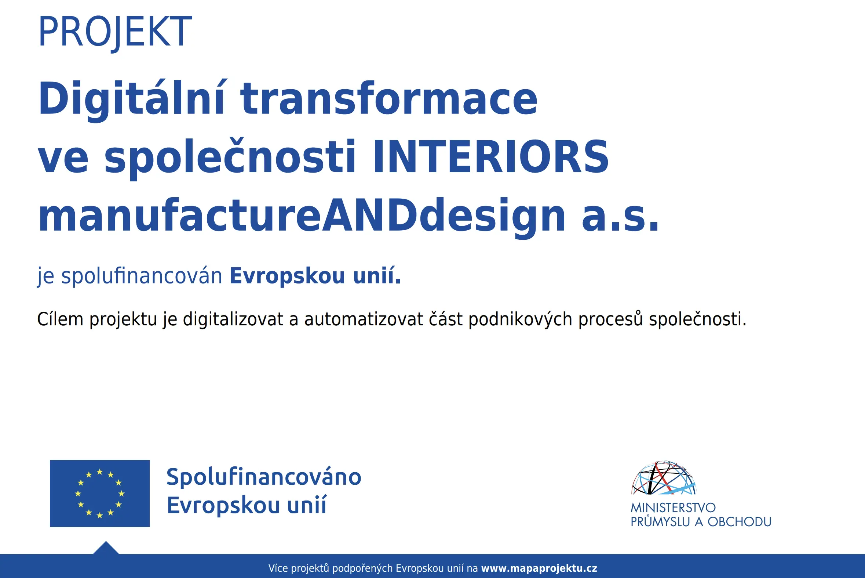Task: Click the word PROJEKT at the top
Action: click(x=115, y=32)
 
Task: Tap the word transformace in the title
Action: click(x=389, y=98)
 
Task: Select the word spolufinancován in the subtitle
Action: click(x=142, y=276)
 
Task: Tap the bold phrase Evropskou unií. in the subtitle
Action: click(x=315, y=276)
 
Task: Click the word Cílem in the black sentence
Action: click(x=61, y=319)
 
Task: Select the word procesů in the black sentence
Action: click(x=610, y=319)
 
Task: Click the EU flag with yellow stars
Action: click(x=100, y=493)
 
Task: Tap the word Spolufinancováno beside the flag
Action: click(x=264, y=477)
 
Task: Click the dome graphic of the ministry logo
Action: click(x=664, y=478)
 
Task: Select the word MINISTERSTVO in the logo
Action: click(x=673, y=508)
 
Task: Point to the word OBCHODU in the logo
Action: click(x=740, y=522)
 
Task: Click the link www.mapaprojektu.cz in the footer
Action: click(x=539, y=568)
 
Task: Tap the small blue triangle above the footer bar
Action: click(x=106, y=549)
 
